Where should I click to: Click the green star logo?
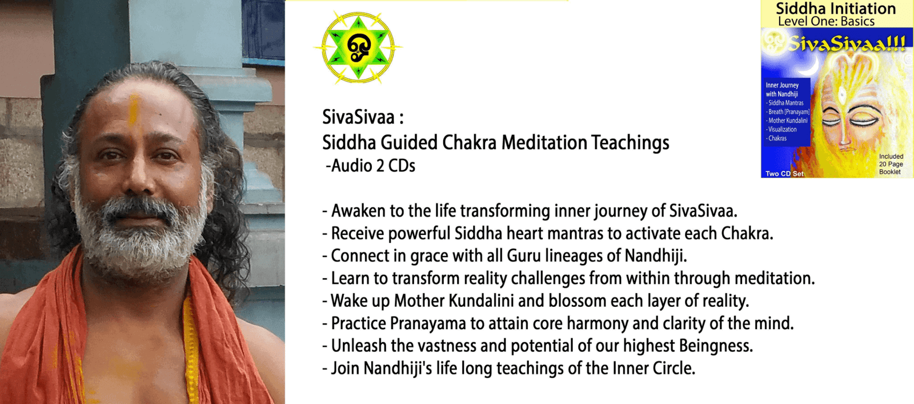(358, 48)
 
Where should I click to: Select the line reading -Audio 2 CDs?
(370, 166)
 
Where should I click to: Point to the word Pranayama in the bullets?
(428, 323)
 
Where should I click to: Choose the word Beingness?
(716, 346)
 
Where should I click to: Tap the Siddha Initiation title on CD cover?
(836, 8)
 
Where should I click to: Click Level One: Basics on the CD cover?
(826, 21)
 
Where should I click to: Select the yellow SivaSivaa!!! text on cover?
(848, 43)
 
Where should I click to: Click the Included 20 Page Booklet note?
(891, 164)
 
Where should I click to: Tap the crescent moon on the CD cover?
(810, 66)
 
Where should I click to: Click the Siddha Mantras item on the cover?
(785, 103)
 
